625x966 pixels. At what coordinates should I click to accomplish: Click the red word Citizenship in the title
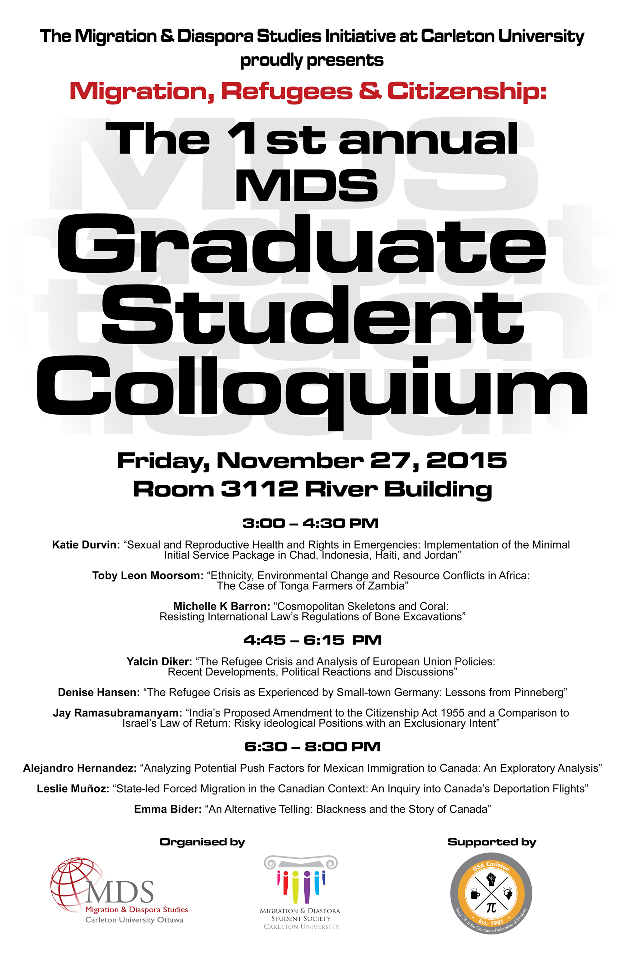(x=466, y=91)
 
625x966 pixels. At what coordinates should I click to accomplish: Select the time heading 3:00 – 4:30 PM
(x=311, y=524)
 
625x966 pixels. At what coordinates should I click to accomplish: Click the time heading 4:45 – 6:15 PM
(x=312, y=640)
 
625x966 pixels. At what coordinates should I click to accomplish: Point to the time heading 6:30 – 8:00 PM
(x=312, y=747)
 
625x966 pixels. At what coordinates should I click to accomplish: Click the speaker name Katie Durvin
(x=86, y=545)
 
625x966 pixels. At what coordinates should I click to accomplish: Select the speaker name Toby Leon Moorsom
(x=148, y=576)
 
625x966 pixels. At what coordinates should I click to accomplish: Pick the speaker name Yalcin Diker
(x=159, y=662)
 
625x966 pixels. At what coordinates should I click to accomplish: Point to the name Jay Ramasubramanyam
(x=117, y=713)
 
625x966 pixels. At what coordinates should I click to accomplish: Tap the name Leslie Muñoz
(x=73, y=789)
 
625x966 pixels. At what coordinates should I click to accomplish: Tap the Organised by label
(x=202, y=842)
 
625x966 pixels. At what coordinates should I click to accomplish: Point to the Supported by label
(x=492, y=842)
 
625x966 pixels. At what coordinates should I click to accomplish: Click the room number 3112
(x=259, y=489)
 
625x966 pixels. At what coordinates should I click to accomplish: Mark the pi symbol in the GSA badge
(x=491, y=907)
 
